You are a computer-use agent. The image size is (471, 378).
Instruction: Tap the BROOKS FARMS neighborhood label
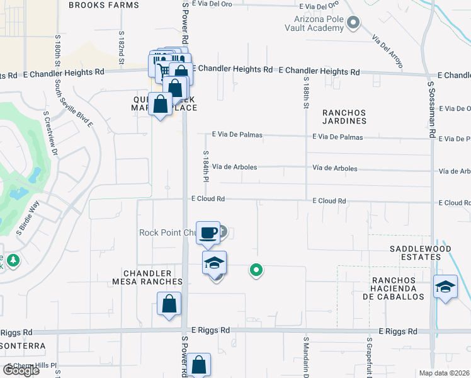(103, 5)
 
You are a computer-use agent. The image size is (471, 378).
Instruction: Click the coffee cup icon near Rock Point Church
(208, 233)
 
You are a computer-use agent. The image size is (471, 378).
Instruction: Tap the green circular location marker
(256, 270)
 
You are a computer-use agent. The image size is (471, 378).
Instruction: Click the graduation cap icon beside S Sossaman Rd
(446, 287)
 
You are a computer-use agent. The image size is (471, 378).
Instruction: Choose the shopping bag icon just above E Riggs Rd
(169, 304)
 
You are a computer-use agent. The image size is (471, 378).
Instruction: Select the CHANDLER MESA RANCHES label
(147, 277)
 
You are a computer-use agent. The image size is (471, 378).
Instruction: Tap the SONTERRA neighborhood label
(23, 346)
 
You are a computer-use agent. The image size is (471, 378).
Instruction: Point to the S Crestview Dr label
(50, 134)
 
